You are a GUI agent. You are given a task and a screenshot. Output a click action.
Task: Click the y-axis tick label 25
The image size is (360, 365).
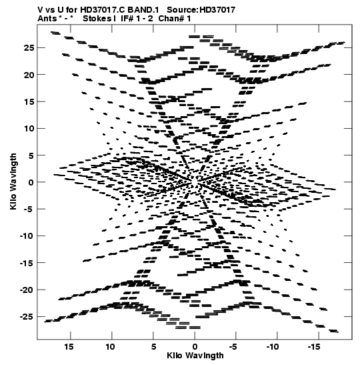pyautogui.click(x=29, y=48)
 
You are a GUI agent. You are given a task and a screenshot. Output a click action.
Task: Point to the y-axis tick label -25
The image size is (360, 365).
pyautogui.click(x=27, y=317)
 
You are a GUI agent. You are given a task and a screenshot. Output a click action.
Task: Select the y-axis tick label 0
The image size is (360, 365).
pyautogui.click(x=31, y=182)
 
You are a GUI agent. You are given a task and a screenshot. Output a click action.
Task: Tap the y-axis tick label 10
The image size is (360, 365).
pyautogui.click(x=29, y=129)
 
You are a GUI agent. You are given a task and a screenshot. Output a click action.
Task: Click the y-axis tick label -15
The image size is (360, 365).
pyautogui.click(x=27, y=263)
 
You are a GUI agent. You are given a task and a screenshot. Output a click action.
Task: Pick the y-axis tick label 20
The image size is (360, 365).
pyautogui.click(x=29, y=75)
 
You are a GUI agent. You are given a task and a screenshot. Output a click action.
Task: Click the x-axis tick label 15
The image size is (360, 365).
pyautogui.click(x=69, y=347)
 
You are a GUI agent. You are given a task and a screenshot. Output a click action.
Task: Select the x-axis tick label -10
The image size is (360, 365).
pyautogui.click(x=273, y=347)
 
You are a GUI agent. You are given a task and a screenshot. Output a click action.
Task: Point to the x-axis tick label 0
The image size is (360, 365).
pyautogui.click(x=195, y=347)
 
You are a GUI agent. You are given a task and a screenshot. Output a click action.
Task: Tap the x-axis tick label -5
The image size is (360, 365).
pyautogui.click(x=233, y=347)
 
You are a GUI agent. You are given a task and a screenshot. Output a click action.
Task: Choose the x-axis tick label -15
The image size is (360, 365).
pyautogui.click(x=314, y=347)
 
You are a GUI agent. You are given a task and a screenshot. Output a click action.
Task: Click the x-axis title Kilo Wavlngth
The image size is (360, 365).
pyautogui.click(x=195, y=356)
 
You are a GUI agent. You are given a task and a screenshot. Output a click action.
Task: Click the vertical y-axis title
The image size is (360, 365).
pyautogui.click(x=13, y=181)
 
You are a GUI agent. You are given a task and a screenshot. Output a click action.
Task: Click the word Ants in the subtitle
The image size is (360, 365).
pyautogui.click(x=47, y=19)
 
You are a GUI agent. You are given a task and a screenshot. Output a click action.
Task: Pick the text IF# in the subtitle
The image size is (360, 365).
pyautogui.click(x=127, y=19)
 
